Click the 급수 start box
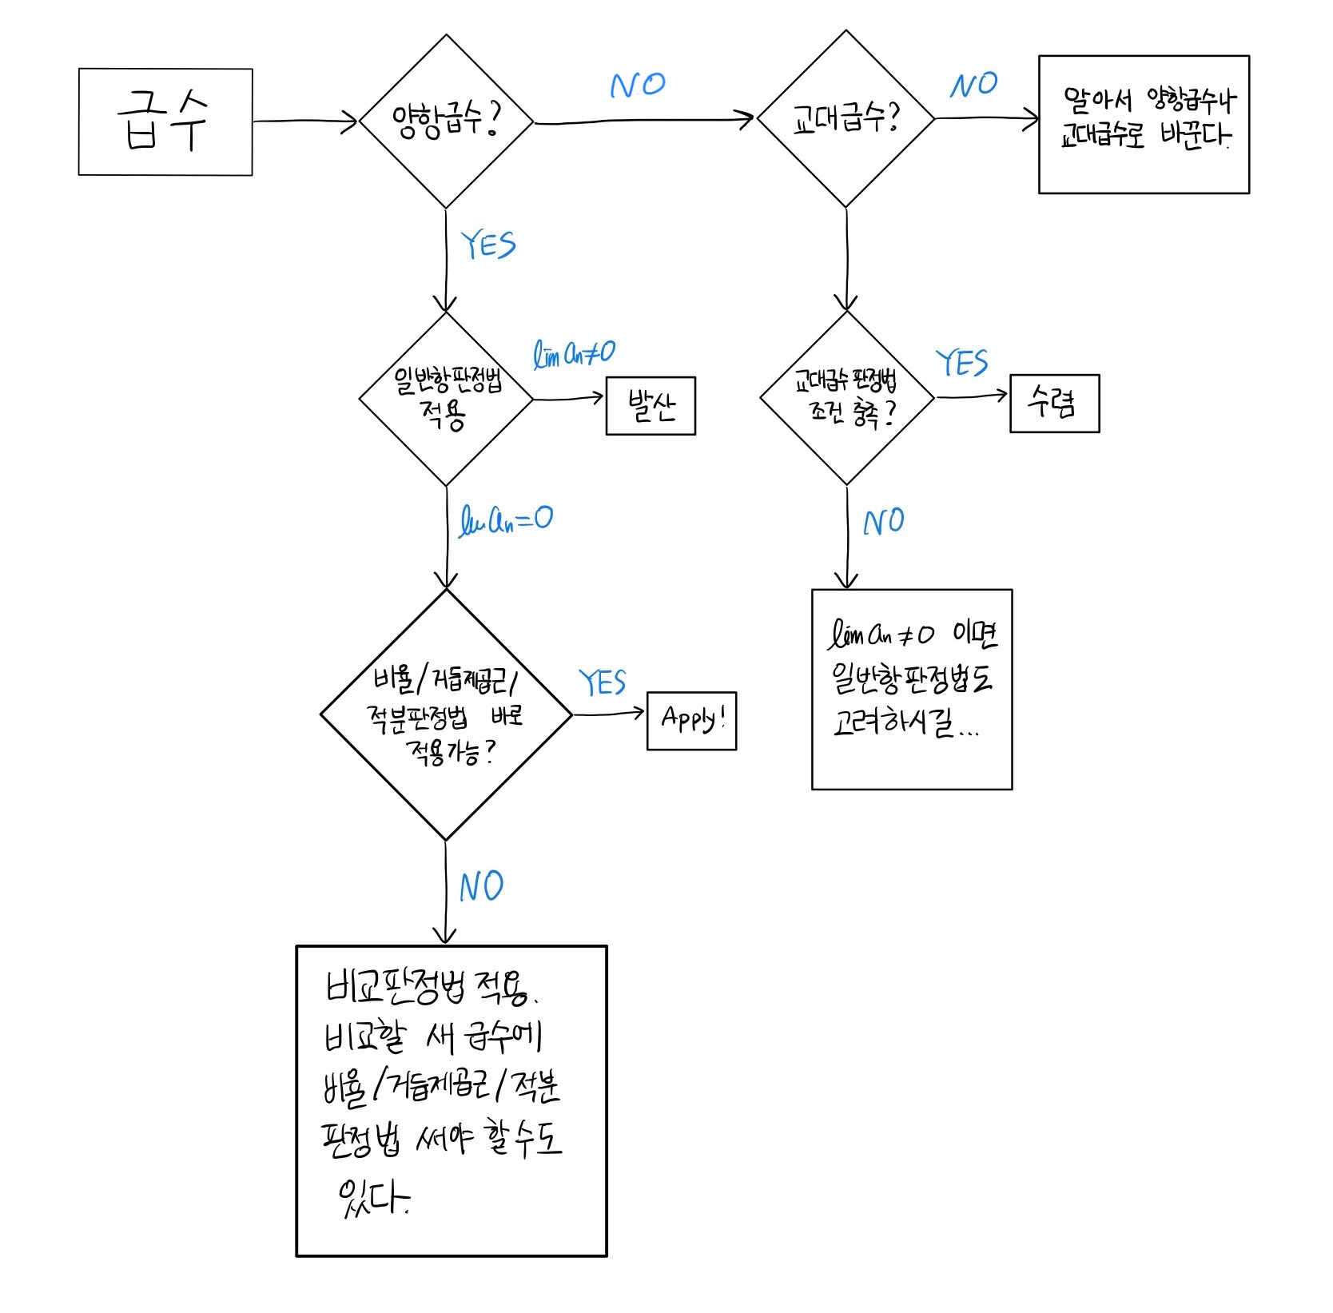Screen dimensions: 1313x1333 (x=165, y=121)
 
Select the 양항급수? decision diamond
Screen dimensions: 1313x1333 (x=446, y=121)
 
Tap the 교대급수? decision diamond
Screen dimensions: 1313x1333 (x=846, y=119)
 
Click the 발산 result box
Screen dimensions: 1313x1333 (x=651, y=406)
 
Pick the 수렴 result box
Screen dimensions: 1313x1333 (x=1054, y=404)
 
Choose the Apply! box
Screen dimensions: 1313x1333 (x=691, y=721)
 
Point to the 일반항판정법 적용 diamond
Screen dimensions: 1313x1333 (x=446, y=398)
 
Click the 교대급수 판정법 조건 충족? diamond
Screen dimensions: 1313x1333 (x=846, y=397)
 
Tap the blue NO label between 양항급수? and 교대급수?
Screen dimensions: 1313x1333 (x=637, y=85)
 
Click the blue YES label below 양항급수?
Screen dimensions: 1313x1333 (x=488, y=245)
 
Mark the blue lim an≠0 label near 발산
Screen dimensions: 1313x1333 (x=574, y=352)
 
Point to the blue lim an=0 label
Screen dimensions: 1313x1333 (x=506, y=521)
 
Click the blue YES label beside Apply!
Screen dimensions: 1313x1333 (x=603, y=683)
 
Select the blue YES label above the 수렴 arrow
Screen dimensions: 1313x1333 (x=962, y=364)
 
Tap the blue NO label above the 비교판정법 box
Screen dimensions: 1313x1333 (x=481, y=887)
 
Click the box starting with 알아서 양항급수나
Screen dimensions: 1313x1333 (x=1144, y=124)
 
